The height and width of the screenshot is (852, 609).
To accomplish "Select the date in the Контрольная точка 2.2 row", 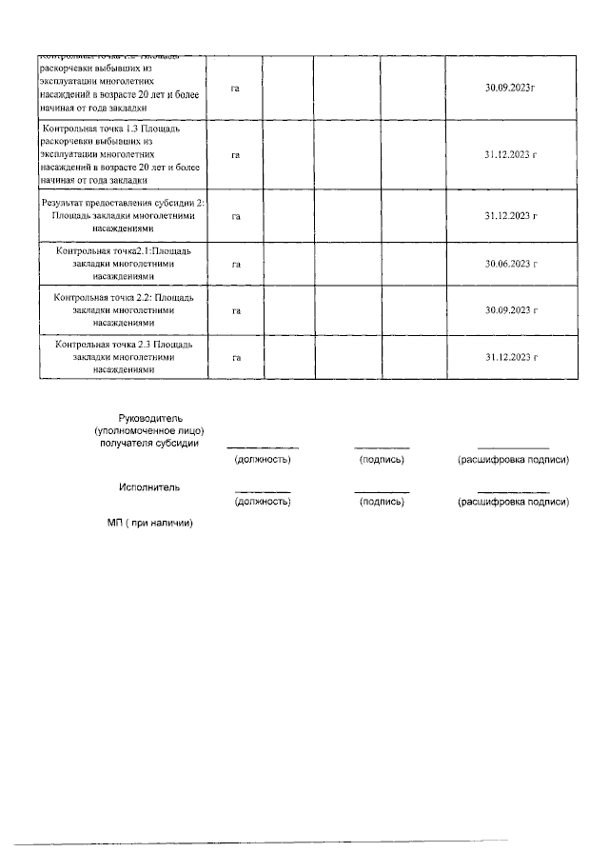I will tap(511, 310).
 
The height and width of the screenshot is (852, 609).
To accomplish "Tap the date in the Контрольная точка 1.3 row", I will tap(511, 153).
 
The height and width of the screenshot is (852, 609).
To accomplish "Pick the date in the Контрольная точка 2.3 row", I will tap(511, 358).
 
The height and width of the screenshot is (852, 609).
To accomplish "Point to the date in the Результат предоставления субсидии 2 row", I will tap(511, 216).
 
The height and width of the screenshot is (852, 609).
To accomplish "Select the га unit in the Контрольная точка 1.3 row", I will tap(235, 153).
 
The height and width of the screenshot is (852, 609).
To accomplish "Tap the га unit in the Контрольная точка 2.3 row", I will tap(235, 358).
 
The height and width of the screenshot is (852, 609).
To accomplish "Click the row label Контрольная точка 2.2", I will tap(124, 310).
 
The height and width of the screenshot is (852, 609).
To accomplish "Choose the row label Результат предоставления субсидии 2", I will tap(124, 216).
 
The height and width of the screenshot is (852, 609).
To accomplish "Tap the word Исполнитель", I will tap(149, 487).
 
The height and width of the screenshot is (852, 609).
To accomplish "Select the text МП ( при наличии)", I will tap(149, 523).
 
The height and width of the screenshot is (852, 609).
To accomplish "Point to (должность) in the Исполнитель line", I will tap(263, 501).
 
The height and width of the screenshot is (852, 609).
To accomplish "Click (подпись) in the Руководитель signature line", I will tap(382, 460).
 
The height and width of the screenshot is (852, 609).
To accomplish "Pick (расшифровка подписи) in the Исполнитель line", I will tap(513, 501).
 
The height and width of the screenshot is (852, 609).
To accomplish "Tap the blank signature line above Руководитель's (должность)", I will tap(263, 447).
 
